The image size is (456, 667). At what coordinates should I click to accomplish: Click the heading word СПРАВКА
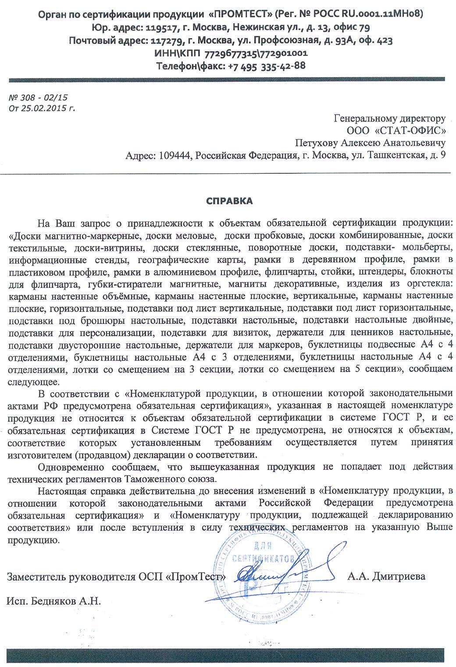tap(229, 201)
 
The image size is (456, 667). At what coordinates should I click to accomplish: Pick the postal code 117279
tap(166, 40)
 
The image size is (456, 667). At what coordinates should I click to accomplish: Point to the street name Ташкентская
tap(395, 155)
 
